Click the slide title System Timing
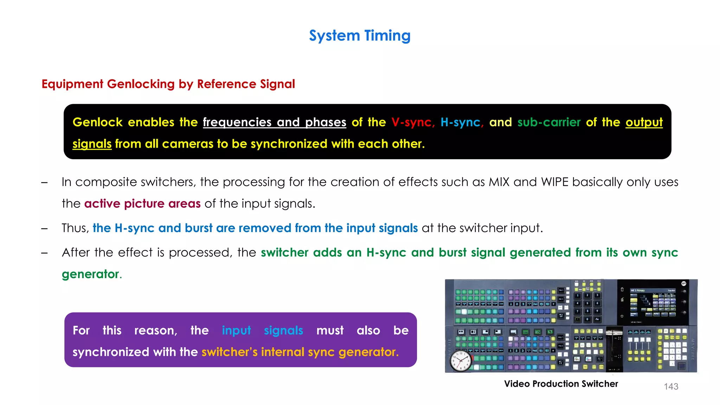click(x=360, y=36)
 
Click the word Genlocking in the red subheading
click(x=141, y=84)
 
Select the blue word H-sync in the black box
click(x=460, y=122)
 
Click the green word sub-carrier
click(x=549, y=122)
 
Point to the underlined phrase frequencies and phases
click(x=274, y=122)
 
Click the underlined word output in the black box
click(x=644, y=122)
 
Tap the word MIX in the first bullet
click(x=499, y=182)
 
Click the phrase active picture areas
click(x=142, y=204)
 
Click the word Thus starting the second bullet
click(x=75, y=228)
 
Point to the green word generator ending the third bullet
click(x=91, y=274)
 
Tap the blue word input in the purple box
click(x=236, y=330)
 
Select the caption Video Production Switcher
click(x=561, y=384)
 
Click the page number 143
click(x=671, y=387)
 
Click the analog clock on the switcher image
click(x=461, y=361)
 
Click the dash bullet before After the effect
click(x=44, y=253)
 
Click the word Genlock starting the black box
click(x=97, y=122)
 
